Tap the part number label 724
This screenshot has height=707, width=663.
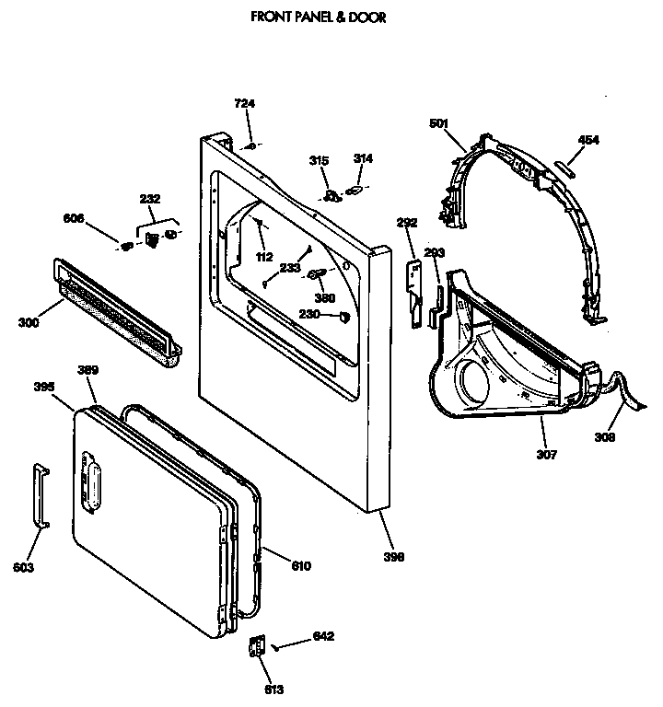point(244,105)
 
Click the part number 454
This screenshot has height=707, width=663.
point(587,140)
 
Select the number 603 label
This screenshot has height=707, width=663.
point(25,568)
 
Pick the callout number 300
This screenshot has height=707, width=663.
point(29,322)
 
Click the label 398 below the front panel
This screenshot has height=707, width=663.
point(394,556)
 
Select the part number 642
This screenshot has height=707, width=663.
point(323,636)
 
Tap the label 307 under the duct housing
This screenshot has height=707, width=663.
point(547,455)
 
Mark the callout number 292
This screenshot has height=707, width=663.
point(407,222)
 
